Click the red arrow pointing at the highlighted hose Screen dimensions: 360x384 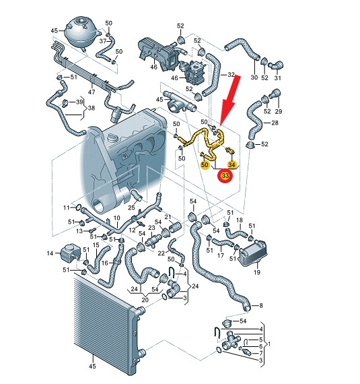click(x=229, y=101)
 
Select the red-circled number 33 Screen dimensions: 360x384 click(x=225, y=175)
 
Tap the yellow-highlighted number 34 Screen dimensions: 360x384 click(x=231, y=164)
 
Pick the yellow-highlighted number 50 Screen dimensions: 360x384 click(x=205, y=164)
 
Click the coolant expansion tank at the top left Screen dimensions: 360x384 click(x=82, y=32)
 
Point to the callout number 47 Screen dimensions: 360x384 click(x=92, y=92)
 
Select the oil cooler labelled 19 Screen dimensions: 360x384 click(x=253, y=253)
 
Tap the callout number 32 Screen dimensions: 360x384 click(x=231, y=75)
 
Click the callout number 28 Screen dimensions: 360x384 click(x=275, y=123)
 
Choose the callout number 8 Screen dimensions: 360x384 click(x=261, y=305)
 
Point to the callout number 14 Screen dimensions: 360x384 click(x=50, y=253)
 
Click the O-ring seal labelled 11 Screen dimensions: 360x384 click(x=78, y=207)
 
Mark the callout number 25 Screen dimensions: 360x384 click(x=131, y=207)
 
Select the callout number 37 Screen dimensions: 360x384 click(x=103, y=41)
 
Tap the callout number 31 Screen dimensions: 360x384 click(x=277, y=78)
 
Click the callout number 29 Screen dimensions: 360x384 click(x=279, y=111)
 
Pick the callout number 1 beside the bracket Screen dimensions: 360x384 click(x=269, y=344)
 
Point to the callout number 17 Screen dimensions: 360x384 click(x=221, y=255)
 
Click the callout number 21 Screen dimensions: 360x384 click(x=168, y=217)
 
